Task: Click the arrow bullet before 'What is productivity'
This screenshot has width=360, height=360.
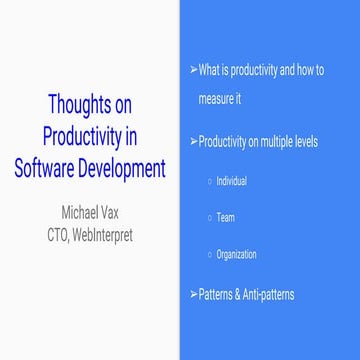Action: point(193,70)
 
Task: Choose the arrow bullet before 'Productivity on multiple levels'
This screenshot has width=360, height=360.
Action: point(193,142)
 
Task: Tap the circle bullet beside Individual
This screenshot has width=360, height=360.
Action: point(208,181)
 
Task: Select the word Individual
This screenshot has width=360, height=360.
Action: point(231,181)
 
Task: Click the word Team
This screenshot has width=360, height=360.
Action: point(226,217)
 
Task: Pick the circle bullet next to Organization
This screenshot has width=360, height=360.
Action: point(208,254)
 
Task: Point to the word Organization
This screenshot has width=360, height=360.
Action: point(236,254)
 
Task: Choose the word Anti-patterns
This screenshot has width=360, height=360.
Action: point(268,294)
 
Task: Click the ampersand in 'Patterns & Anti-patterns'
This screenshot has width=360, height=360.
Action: point(236,294)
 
